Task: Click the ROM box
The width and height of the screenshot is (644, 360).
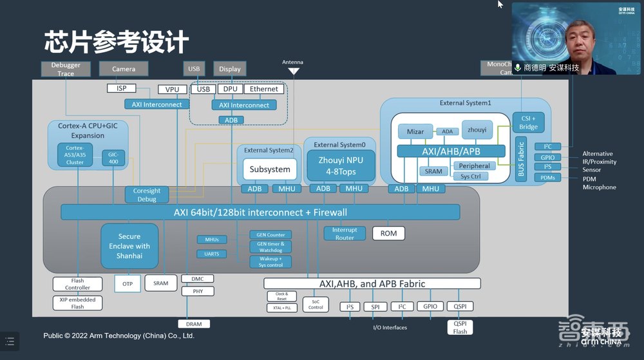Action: (388, 233)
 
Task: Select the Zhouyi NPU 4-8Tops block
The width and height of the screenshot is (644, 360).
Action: (341, 166)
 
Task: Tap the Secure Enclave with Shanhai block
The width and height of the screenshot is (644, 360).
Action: (129, 246)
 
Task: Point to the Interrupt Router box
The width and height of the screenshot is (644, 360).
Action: (345, 234)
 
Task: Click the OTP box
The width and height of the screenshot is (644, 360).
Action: (128, 283)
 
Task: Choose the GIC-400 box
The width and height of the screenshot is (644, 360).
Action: (113, 158)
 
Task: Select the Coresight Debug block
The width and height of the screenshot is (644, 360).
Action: (147, 195)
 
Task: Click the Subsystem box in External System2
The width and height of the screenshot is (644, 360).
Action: (270, 169)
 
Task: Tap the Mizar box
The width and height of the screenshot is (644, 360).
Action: (415, 131)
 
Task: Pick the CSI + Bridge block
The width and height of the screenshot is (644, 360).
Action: (528, 122)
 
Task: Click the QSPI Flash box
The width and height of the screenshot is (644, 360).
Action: (460, 327)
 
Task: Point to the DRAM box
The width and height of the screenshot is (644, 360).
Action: (194, 323)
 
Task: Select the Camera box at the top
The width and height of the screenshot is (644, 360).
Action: (124, 69)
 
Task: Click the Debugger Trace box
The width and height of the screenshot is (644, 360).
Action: (66, 70)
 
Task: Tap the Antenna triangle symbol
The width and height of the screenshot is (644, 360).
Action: (293, 71)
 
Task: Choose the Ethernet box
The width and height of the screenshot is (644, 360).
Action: (264, 89)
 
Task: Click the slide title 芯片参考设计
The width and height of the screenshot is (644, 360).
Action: (117, 41)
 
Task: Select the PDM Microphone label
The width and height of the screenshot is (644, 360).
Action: (599, 183)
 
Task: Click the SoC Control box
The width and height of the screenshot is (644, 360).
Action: (316, 304)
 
